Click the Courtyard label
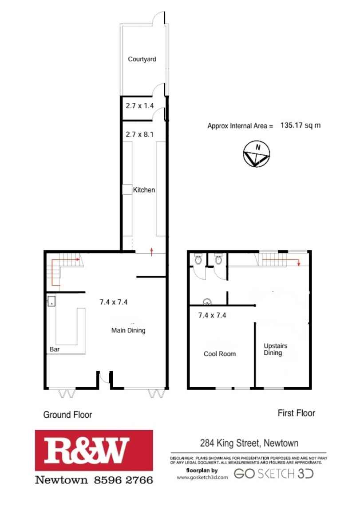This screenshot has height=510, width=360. pyautogui.click(x=142, y=59)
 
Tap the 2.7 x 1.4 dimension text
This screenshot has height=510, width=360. pyautogui.click(x=140, y=106)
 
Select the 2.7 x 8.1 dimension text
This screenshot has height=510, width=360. pyautogui.click(x=140, y=134)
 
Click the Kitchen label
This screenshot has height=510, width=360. pyautogui.click(x=144, y=190)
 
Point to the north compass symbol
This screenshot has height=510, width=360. pyautogui.click(x=256, y=154)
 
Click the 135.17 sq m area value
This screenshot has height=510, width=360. pyautogui.click(x=301, y=126)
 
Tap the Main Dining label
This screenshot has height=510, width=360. pyautogui.click(x=128, y=330)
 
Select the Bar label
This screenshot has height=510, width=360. pyautogui.click(x=55, y=349)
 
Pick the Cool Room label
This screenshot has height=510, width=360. pyautogui.click(x=220, y=353)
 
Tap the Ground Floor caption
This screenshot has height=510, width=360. pyautogui.click(x=67, y=415)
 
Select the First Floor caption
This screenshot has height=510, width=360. pyautogui.click(x=296, y=413)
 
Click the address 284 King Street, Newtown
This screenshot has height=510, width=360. pyautogui.click(x=248, y=443)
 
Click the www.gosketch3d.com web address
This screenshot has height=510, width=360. pyautogui.click(x=202, y=477)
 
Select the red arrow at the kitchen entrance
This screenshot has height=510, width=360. pyautogui.click(x=152, y=251)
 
